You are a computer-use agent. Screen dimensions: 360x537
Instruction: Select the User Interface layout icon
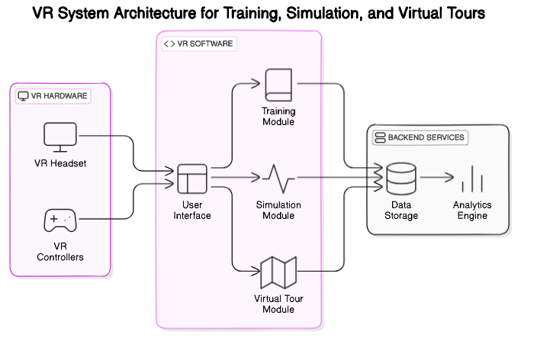[x=192, y=179]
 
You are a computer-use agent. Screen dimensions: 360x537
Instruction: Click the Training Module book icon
[x=278, y=85]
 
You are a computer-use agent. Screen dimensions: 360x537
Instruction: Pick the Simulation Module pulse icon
[x=278, y=178]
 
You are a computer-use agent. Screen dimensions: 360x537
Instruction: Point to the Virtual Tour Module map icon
[x=278, y=272]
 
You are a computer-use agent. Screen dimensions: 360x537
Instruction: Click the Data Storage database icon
[x=400, y=179]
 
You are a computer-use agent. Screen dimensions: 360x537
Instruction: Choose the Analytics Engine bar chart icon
[x=472, y=179]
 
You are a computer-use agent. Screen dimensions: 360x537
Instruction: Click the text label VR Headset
[x=60, y=163]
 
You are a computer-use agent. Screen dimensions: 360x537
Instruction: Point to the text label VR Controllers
[x=60, y=252]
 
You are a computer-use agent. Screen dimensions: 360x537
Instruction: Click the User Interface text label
[x=192, y=211]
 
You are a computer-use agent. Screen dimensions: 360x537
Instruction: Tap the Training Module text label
[x=278, y=117]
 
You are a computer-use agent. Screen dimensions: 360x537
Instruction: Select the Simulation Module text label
[x=278, y=211]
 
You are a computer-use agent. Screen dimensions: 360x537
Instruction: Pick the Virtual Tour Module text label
[x=278, y=304]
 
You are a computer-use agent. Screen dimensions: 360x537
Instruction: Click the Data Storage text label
[x=400, y=211]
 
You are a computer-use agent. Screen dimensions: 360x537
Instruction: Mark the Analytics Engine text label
[x=472, y=211]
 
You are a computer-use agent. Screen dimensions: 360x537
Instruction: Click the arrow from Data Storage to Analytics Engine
[x=436, y=178]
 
